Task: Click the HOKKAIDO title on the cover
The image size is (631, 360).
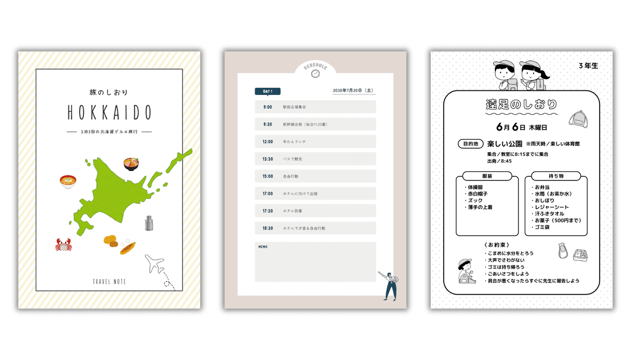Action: (109, 113)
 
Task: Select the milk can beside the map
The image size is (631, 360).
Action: (149, 223)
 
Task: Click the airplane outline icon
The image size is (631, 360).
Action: (155, 263)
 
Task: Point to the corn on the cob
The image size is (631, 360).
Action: (128, 248)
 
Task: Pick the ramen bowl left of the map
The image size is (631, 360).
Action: (68, 181)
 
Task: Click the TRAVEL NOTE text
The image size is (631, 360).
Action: (109, 282)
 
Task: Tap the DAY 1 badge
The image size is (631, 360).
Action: (268, 91)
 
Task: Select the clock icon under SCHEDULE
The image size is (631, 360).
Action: (315, 74)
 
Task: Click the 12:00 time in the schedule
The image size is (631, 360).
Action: (268, 142)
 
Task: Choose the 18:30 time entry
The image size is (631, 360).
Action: (268, 228)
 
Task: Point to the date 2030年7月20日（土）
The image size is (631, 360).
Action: (353, 91)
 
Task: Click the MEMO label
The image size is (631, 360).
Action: (263, 247)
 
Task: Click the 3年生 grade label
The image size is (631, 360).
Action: (588, 66)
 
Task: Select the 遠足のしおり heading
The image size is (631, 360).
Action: (521, 104)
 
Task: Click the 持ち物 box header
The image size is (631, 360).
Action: (556, 176)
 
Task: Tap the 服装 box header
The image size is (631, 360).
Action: (487, 176)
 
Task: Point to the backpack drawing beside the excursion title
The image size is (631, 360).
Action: (578, 118)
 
